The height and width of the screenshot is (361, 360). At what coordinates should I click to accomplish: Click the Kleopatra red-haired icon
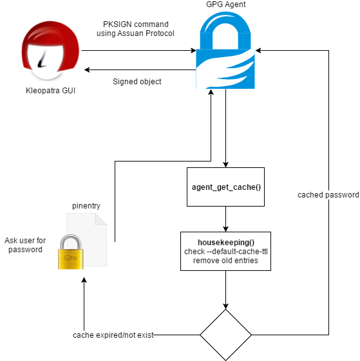point(50,51)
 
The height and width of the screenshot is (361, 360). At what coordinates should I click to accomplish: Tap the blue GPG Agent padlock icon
point(225,50)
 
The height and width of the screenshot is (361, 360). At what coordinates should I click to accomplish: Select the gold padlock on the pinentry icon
point(71,252)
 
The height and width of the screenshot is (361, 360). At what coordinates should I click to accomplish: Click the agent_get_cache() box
point(225,187)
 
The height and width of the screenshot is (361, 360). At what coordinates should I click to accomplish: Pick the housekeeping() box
point(225,251)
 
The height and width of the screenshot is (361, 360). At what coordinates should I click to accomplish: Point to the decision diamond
point(225,335)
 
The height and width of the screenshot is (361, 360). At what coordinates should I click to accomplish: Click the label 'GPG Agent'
point(226,5)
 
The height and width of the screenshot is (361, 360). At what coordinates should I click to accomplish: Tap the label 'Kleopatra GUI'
point(50,91)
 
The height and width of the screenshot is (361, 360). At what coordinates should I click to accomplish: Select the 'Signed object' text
point(137,82)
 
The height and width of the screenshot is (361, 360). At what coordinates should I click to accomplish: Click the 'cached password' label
point(328,195)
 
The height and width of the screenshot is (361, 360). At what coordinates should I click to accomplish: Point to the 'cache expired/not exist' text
point(113,335)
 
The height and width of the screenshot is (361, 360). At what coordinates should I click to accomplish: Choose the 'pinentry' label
point(86,206)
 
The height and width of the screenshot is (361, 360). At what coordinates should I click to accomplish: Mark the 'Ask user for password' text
point(25,245)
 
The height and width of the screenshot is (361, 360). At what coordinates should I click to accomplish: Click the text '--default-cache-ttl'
point(237,252)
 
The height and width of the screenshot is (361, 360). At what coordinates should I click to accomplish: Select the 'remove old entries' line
point(225,261)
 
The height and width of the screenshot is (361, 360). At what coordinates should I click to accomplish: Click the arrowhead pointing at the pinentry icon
point(84,280)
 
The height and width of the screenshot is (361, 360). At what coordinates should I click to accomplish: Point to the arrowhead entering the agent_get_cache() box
point(225,164)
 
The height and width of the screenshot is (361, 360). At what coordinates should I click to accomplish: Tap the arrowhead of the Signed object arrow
point(87,69)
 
